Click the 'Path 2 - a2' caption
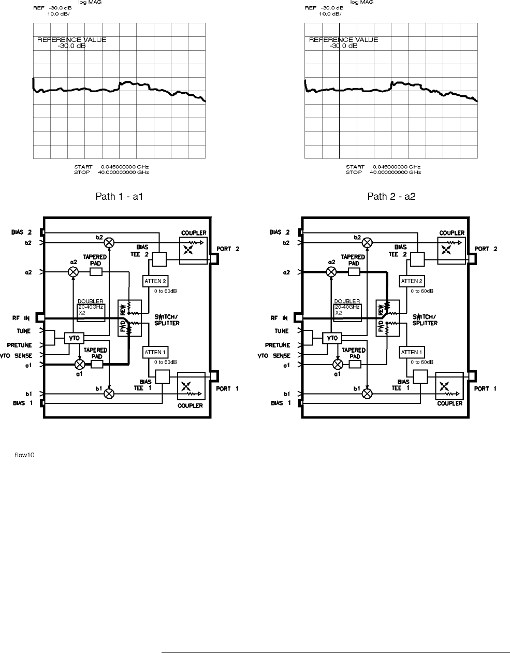[x=391, y=196]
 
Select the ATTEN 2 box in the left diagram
[x=155, y=281]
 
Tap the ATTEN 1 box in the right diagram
[x=412, y=352]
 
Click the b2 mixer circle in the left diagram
[x=109, y=242]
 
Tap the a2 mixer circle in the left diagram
[x=74, y=272]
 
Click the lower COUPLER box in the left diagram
[x=192, y=386]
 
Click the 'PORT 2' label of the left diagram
[x=228, y=249]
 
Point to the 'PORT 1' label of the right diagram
[x=485, y=388]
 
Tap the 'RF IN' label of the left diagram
[x=21, y=318]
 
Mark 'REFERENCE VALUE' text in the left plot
[x=72, y=40]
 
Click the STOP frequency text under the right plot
[x=383, y=172]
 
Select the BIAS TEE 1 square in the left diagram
[x=163, y=376]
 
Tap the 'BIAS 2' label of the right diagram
[x=280, y=232]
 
